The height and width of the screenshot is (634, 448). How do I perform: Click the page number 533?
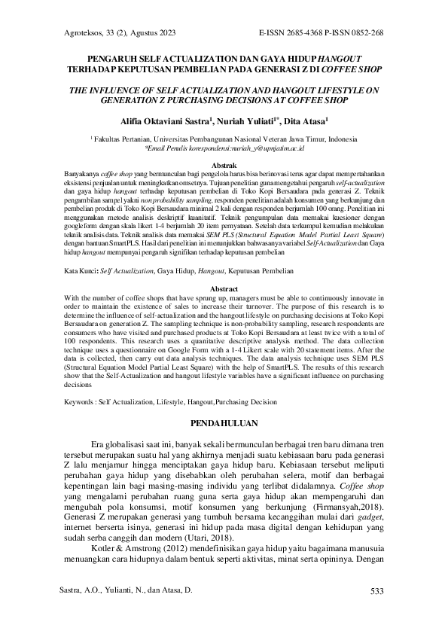[x=378, y=592]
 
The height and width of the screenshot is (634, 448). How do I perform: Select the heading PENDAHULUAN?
[x=224, y=422]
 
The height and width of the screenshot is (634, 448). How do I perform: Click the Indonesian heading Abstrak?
[x=224, y=164]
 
